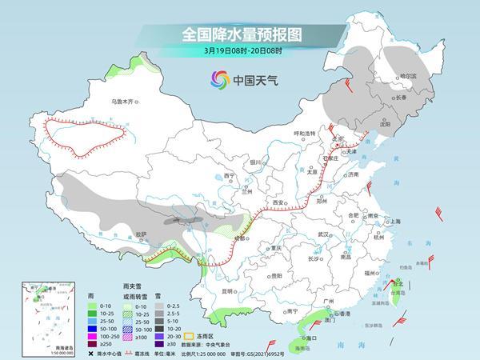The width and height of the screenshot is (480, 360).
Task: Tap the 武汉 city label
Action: pos(323,234)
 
